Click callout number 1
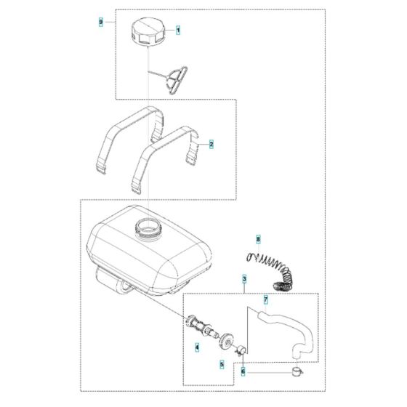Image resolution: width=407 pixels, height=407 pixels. [x=178, y=31]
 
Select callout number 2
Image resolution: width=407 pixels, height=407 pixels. [x=211, y=145]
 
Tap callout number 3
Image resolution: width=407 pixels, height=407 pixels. [x=244, y=279]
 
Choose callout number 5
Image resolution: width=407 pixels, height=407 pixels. [x=222, y=363]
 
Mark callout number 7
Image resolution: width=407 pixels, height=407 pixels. [x=266, y=300]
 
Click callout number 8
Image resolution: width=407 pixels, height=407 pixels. [x=258, y=238]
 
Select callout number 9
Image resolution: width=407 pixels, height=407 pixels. [x=100, y=23]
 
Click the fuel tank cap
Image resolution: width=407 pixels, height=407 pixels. [x=149, y=33]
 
